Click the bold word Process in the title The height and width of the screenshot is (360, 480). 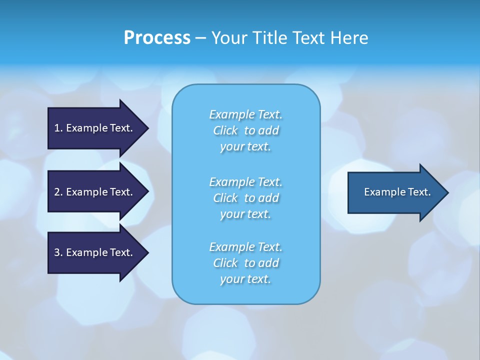157,38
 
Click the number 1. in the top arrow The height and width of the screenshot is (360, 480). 58,128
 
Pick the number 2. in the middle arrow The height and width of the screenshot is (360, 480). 58,192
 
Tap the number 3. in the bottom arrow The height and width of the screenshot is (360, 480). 58,252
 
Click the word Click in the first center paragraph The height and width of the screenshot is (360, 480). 225,130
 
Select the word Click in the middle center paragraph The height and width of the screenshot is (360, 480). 225,198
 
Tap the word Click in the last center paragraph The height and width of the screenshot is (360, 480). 225,263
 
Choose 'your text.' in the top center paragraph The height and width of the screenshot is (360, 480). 245,147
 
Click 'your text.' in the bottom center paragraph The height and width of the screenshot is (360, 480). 245,279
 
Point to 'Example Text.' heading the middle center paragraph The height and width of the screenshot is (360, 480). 245,181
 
